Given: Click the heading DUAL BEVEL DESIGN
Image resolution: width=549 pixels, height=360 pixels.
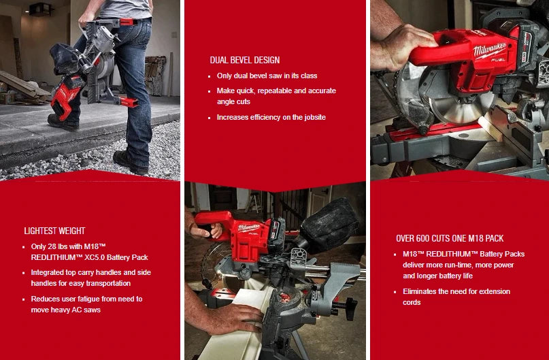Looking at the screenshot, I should [244, 60].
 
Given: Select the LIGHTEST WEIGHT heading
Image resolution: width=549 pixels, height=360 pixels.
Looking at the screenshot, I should [54, 231].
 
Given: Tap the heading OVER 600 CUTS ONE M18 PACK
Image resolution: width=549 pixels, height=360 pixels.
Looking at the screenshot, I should [449, 238].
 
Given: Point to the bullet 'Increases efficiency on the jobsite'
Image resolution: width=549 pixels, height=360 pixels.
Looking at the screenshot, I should [271, 117].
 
